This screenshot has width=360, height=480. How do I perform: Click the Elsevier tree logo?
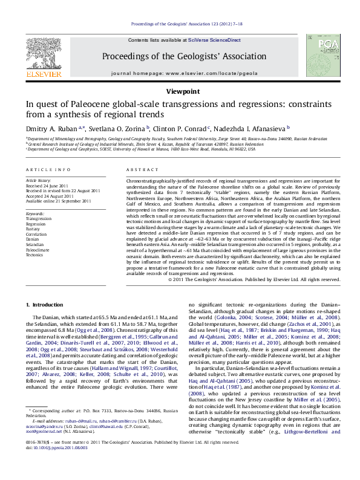pyautogui.click(x=43, y=57)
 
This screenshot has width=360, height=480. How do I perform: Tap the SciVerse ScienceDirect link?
pyautogui.click(x=216, y=40)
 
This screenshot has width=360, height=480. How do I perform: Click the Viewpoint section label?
pyautogui.click(x=180, y=91)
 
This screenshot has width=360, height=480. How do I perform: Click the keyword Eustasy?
pyautogui.click(x=33, y=228)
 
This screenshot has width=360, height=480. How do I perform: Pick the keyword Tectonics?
pyautogui.click(x=35, y=255)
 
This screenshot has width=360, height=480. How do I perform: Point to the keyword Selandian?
pyautogui.click(x=35, y=244)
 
